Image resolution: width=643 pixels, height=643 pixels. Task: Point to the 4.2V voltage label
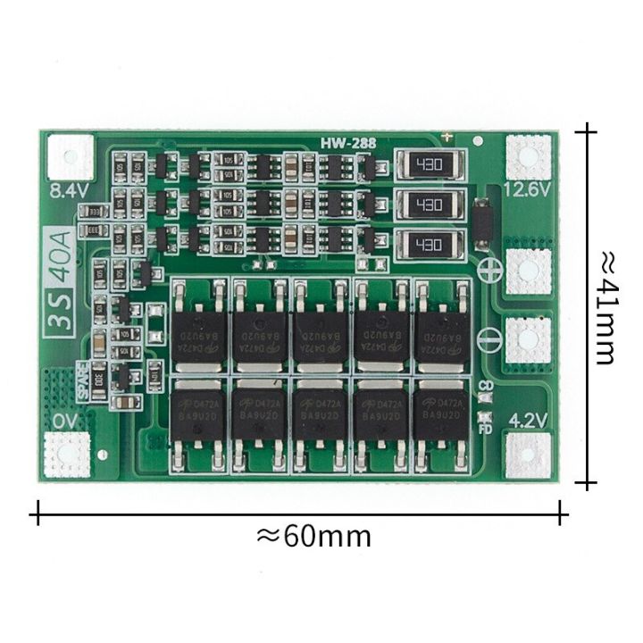click(x=525, y=417)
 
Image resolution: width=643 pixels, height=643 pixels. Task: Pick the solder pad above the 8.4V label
click(x=69, y=154)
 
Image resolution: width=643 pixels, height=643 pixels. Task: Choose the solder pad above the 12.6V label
click(x=528, y=154)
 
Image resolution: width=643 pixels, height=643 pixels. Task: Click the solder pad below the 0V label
click(x=68, y=452)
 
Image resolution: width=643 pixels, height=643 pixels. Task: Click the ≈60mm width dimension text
click(x=313, y=536)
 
